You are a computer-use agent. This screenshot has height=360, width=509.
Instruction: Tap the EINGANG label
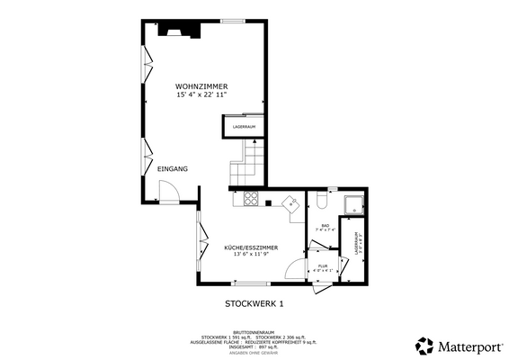(172, 168)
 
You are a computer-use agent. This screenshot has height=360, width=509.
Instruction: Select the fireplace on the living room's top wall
(180, 30)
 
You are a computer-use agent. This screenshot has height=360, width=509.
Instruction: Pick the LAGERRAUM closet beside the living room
(245, 127)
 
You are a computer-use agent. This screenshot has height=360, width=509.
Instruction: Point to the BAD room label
(325, 226)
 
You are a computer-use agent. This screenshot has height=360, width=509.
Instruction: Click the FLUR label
(323, 266)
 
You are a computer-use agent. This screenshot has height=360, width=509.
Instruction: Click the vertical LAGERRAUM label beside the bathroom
(358, 245)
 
